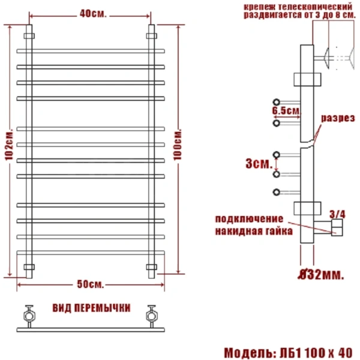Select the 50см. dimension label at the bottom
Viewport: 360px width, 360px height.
pyautogui.click(x=90, y=283)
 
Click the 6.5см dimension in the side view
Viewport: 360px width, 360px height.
pyautogui.click(x=285, y=112)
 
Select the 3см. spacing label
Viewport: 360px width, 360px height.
pyautogui.click(x=260, y=163)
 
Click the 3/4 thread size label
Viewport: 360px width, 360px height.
pyautogui.click(x=338, y=212)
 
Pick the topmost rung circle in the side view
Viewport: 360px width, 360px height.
pyautogui.click(x=277, y=101)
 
